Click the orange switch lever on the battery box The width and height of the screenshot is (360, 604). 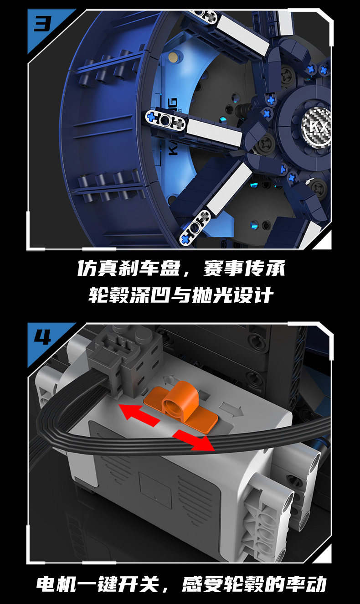180,405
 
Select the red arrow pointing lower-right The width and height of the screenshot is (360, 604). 194,440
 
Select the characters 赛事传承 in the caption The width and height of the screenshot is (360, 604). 244,268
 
